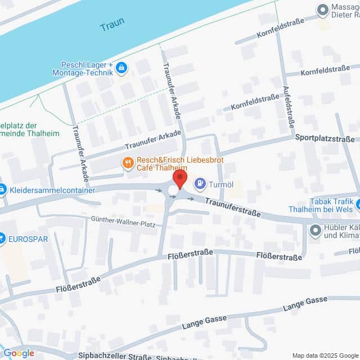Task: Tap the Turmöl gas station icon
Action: click(x=200, y=183)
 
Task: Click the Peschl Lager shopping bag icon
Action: click(x=121, y=69)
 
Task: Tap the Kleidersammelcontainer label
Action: click(x=53, y=190)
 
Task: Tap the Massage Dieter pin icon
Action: click(x=323, y=9)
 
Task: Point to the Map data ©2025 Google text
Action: click(x=324, y=355)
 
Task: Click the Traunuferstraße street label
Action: click(x=232, y=206)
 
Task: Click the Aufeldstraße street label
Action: click(x=287, y=106)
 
